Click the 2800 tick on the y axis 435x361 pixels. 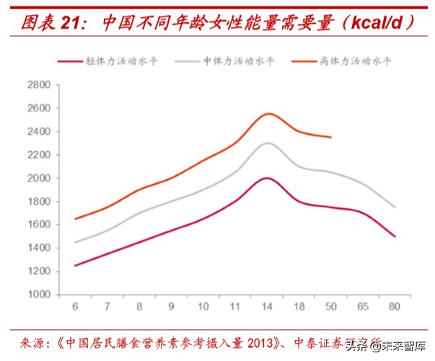38,85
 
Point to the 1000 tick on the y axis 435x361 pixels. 38,294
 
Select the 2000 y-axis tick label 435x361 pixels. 38,178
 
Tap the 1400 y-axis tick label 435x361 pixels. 38,248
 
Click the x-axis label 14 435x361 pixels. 267,308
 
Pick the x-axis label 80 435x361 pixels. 395,308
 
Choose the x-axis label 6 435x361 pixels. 75,308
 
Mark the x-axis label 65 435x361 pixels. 363,308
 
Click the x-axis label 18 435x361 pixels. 299,308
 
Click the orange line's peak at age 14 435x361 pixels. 268,113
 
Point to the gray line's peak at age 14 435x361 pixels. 268,143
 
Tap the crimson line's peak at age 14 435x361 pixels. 268,177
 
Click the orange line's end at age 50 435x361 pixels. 331,137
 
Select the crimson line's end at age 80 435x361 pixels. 395,236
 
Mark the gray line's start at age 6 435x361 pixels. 75,242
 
